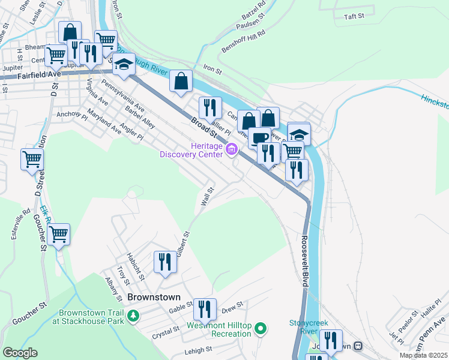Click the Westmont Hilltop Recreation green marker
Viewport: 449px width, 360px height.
[261, 328]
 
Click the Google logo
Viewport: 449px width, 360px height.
[20, 353]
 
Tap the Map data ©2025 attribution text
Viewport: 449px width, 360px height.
[423, 355]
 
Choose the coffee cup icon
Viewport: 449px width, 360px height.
[259, 137]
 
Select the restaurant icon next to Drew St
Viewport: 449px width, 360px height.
[205, 310]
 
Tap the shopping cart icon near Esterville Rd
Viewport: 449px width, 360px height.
[31, 160]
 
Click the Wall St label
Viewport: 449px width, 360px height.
[207, 195]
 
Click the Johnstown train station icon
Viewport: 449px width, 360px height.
[358, 346]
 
